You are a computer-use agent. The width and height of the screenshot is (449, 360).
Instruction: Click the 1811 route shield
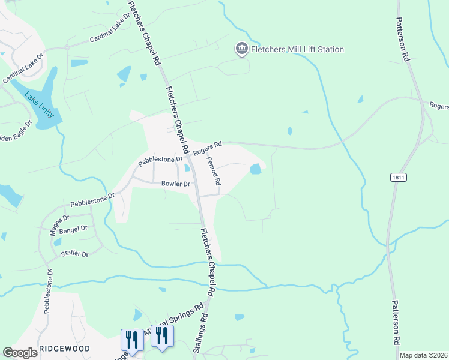pos(397,177)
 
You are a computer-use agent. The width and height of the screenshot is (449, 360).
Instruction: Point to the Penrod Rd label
pos(214,171)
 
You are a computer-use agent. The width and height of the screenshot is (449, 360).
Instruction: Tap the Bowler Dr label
pos(175,184)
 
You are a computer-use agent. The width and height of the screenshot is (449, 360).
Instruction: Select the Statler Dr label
pos(75,254)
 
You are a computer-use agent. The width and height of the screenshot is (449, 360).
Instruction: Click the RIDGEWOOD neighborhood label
pos(64,349)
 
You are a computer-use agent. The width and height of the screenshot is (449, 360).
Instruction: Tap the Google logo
pos(20,353)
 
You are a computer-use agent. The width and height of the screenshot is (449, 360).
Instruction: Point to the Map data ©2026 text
pos(423,355)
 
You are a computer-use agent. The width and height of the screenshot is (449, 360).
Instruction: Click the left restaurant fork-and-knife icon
pos(131,340)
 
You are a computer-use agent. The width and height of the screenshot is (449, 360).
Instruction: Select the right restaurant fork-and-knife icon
pos(161,335)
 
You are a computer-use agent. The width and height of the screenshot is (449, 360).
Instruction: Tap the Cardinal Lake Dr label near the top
pos(110,34)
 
